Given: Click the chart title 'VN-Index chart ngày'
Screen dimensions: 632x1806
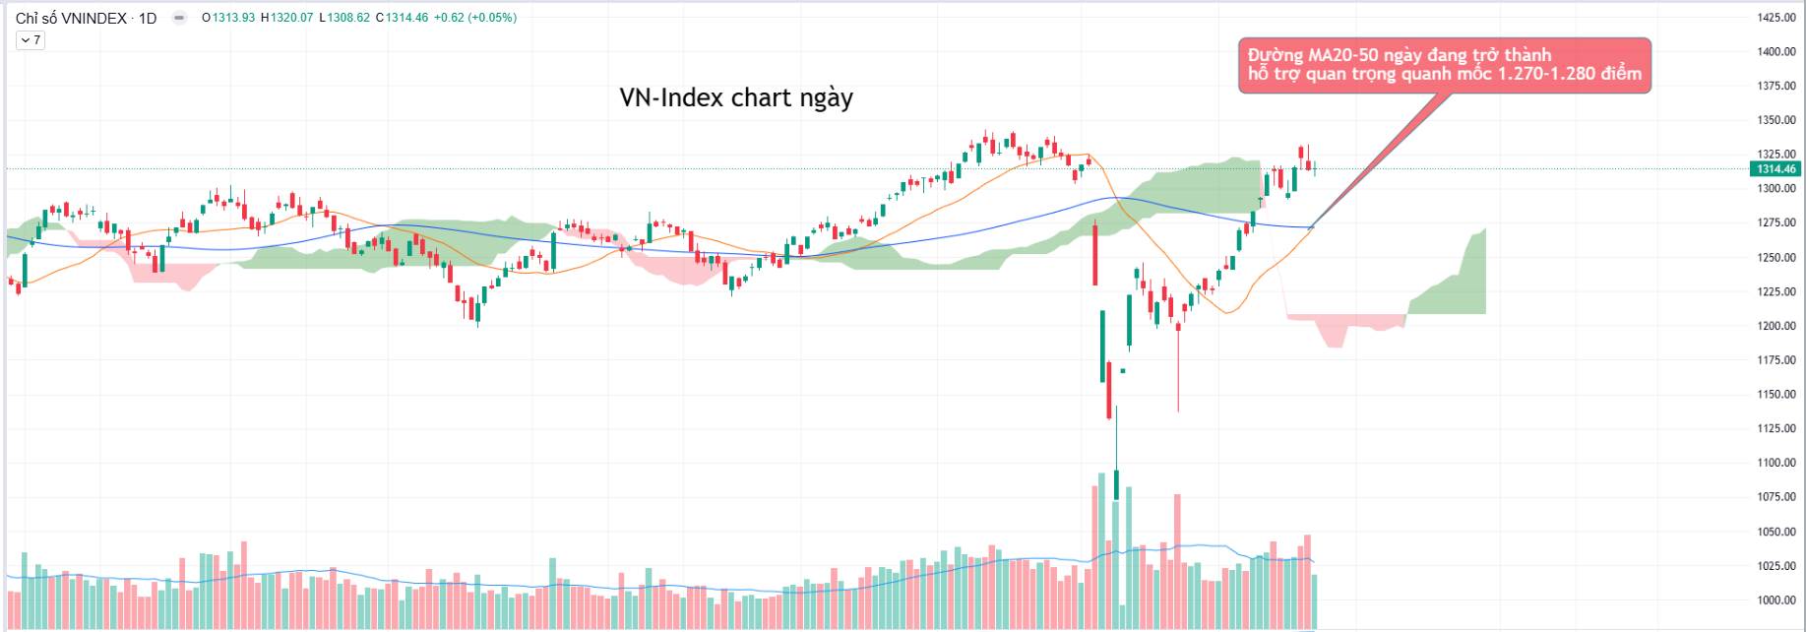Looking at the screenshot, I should tap(735, 98).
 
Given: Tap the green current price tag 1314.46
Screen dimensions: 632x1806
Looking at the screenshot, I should tap(1776, 169).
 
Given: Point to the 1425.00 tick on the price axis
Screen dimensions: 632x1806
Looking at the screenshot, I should tap(1775, 18).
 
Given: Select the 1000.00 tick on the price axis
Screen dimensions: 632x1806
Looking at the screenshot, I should tap(1775, 600).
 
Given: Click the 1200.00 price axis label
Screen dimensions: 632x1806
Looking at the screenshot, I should tap(1775, 326).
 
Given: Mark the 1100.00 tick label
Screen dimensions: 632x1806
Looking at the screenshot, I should tap(1775, 463).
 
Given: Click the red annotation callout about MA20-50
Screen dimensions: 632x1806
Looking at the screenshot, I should tap(1443, 65).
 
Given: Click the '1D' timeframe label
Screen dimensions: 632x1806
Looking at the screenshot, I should tap(148, 18).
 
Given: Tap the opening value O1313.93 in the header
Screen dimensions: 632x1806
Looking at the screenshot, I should tap(227, 18).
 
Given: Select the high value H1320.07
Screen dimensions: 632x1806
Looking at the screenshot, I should tap(286, 18).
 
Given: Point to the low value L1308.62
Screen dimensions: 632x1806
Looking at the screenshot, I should tap(344, 18).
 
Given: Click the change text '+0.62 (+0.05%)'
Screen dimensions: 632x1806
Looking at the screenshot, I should tap(474, 18).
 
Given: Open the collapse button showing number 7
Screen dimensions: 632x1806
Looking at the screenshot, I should tap(31, 40).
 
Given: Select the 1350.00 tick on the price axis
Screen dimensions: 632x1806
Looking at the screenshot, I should tap(1775, 120).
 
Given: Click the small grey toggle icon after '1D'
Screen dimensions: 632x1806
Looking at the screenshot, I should tap(179, 18).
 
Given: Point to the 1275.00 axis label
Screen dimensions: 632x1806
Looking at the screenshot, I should tap(1775, 223).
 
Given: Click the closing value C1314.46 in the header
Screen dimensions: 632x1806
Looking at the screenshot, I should tap(402, 18).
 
